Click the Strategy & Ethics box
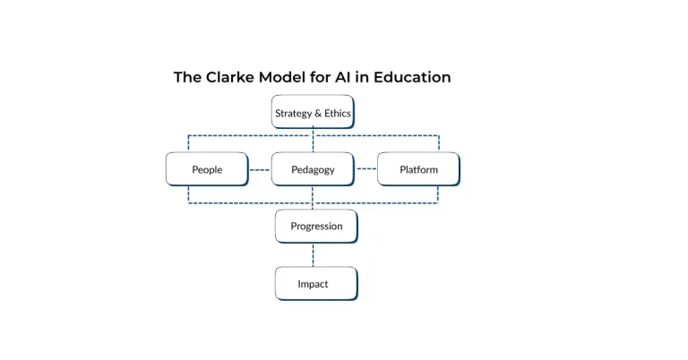click(313, 113)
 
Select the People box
click(207, 169)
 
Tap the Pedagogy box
click(313, 169)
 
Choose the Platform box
click(418, 169)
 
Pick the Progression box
click(316, 227)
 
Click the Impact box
click(315, 284)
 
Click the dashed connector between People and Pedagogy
click(260, 169)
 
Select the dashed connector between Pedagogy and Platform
click(365, 169)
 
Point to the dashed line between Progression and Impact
click(313, 255)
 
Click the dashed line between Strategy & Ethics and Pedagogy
click(313, 141)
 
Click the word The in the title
click(187, 77)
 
